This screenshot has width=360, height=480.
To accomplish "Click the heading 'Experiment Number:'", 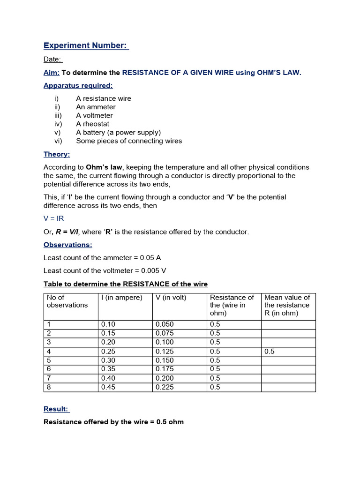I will point(86,45).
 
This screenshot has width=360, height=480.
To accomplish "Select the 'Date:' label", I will point(52,59).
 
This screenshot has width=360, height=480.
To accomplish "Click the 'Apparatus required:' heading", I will point(78,85).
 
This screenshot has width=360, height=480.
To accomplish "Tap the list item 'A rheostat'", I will point(92,124).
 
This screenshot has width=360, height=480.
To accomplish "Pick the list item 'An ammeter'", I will point(96,107).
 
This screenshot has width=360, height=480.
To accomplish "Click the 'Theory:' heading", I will point(56,154).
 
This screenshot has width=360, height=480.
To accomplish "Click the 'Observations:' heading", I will point(67,245).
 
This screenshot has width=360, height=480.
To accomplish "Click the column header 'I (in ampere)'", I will point(122,298).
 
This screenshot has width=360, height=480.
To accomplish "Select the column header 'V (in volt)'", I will point(171,298).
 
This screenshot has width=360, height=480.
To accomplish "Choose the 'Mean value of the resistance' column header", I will point(287,305).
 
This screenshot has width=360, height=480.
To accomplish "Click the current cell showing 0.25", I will point(108,351).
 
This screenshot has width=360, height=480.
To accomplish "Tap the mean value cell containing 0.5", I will point(270,351).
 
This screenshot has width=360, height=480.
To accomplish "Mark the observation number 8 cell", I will point(49,387).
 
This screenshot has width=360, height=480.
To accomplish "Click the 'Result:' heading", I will point(56,409).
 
